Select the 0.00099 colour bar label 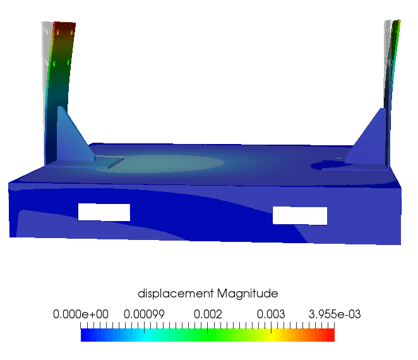(144, 314)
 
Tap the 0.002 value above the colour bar (208, 314)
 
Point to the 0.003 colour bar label (272, 314)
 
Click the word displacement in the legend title (176, 294)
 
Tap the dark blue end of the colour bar (84, 335)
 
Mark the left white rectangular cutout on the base (104, 212)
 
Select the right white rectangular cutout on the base (300, 215)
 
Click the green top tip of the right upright (396, 28)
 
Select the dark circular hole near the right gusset (329, 165)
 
